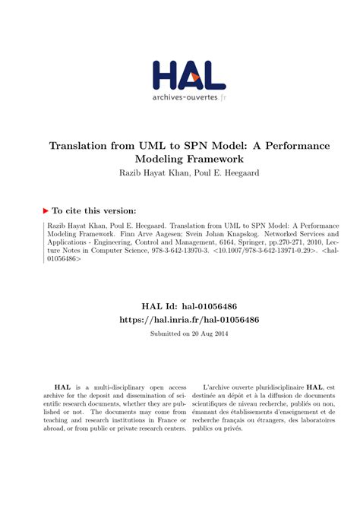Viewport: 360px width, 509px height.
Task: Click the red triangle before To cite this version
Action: [x=47, y=210]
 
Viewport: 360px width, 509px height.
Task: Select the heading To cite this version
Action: [x=96, y=210]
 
